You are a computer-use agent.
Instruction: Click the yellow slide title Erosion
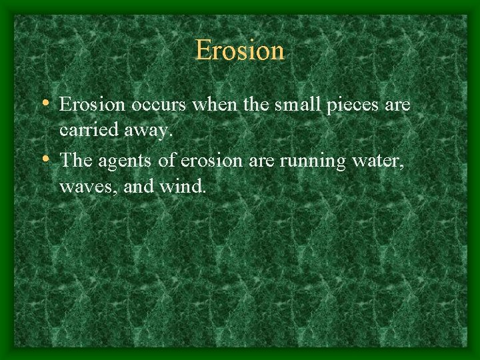tap(240, 51)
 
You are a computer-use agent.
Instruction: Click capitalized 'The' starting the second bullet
tap(75, 159)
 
